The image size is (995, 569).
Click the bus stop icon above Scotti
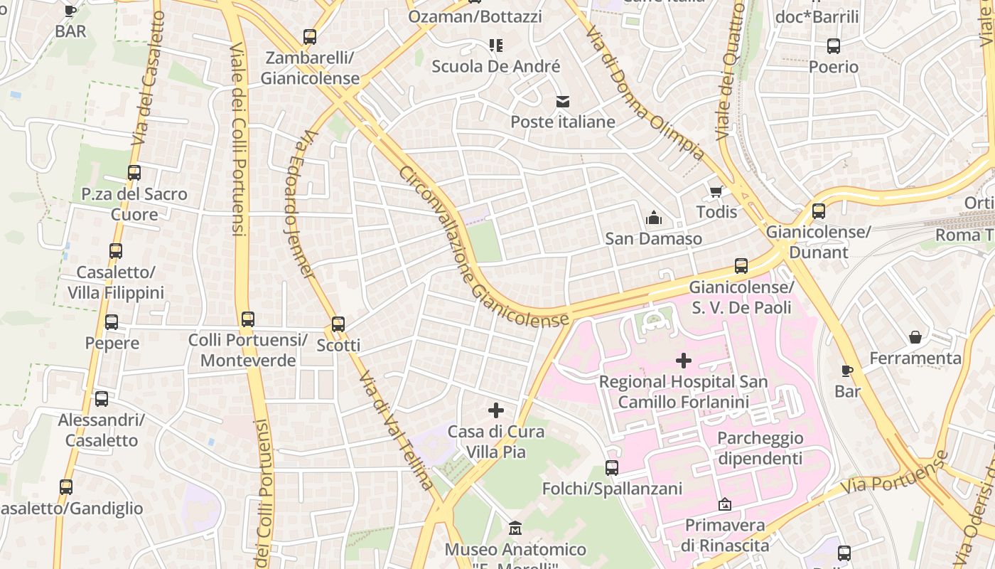point(338,324)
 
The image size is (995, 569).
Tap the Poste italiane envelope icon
point(563,101)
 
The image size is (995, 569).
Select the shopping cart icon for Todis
point(716,191)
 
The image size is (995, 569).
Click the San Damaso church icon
point(653,218)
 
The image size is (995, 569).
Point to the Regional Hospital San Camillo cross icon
point(683,361)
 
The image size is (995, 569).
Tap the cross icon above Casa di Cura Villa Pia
point(496,410)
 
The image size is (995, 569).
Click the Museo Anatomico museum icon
point(515,528)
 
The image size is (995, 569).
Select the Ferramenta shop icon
point(915,336)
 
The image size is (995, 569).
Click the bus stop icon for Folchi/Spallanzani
point(612,467)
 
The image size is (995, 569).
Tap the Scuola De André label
point(496,67)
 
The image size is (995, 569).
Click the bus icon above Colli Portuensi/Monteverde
point(247,319)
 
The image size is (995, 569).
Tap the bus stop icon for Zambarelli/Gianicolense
point(309,36)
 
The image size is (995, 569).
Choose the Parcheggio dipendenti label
point(760,448)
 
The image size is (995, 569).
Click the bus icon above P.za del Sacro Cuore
point(134,172)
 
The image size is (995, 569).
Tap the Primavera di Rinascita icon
point(724,504)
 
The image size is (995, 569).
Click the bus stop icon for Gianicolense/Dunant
point(818,211)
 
